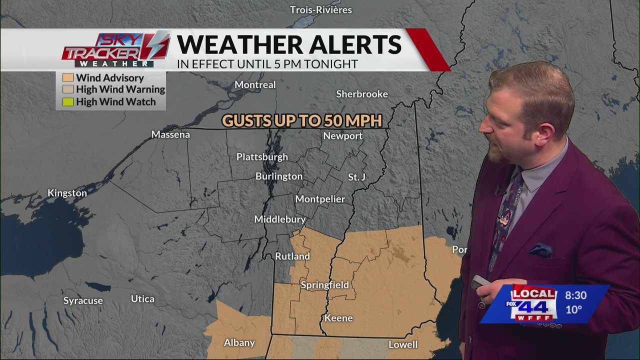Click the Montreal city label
[x=255, y=85]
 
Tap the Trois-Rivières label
[x=321, y=10]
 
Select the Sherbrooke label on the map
[x=362, y=94]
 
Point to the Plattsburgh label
[x=262, y=157]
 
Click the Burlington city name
[x=279, y=176]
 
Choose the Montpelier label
[x=320, y=199]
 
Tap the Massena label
[x=170, y=134]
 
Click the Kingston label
[x=67, y=193]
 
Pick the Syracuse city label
[x=83, y=300]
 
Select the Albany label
[x=239, y=343]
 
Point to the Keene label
[x=338, y=318]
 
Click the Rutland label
[x=292, y=256]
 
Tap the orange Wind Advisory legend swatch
[x=68, y=77]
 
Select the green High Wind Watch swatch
[x=68, y=102]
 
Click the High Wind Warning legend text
[x=120, y=89]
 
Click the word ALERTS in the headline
[x=355, y=44]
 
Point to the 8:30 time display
[x=575, y=295]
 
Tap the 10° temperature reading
[x=573, y=309]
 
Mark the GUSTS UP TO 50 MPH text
[x=302, y=120]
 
